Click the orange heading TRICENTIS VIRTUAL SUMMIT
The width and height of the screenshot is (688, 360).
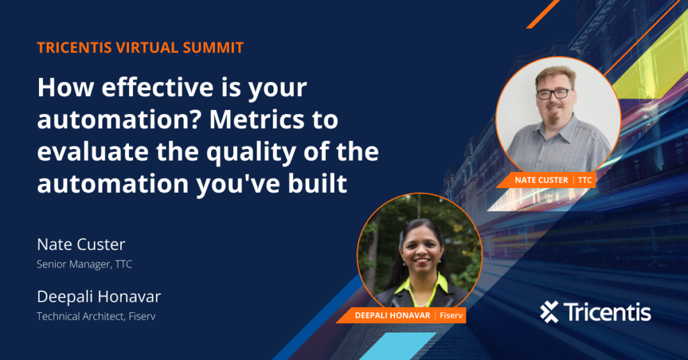pos(140,48)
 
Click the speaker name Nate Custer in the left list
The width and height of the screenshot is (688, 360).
pos(81,244)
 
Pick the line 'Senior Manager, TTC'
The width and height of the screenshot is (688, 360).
pos(85,264)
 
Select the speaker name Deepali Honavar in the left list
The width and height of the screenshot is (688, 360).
pos(99,297)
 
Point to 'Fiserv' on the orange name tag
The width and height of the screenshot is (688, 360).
pos(449,315)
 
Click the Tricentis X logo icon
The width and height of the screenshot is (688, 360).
pos(549,312)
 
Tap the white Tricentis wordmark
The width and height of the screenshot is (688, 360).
pos(607,312)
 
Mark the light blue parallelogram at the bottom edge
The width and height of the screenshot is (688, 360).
pos(389,346)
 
